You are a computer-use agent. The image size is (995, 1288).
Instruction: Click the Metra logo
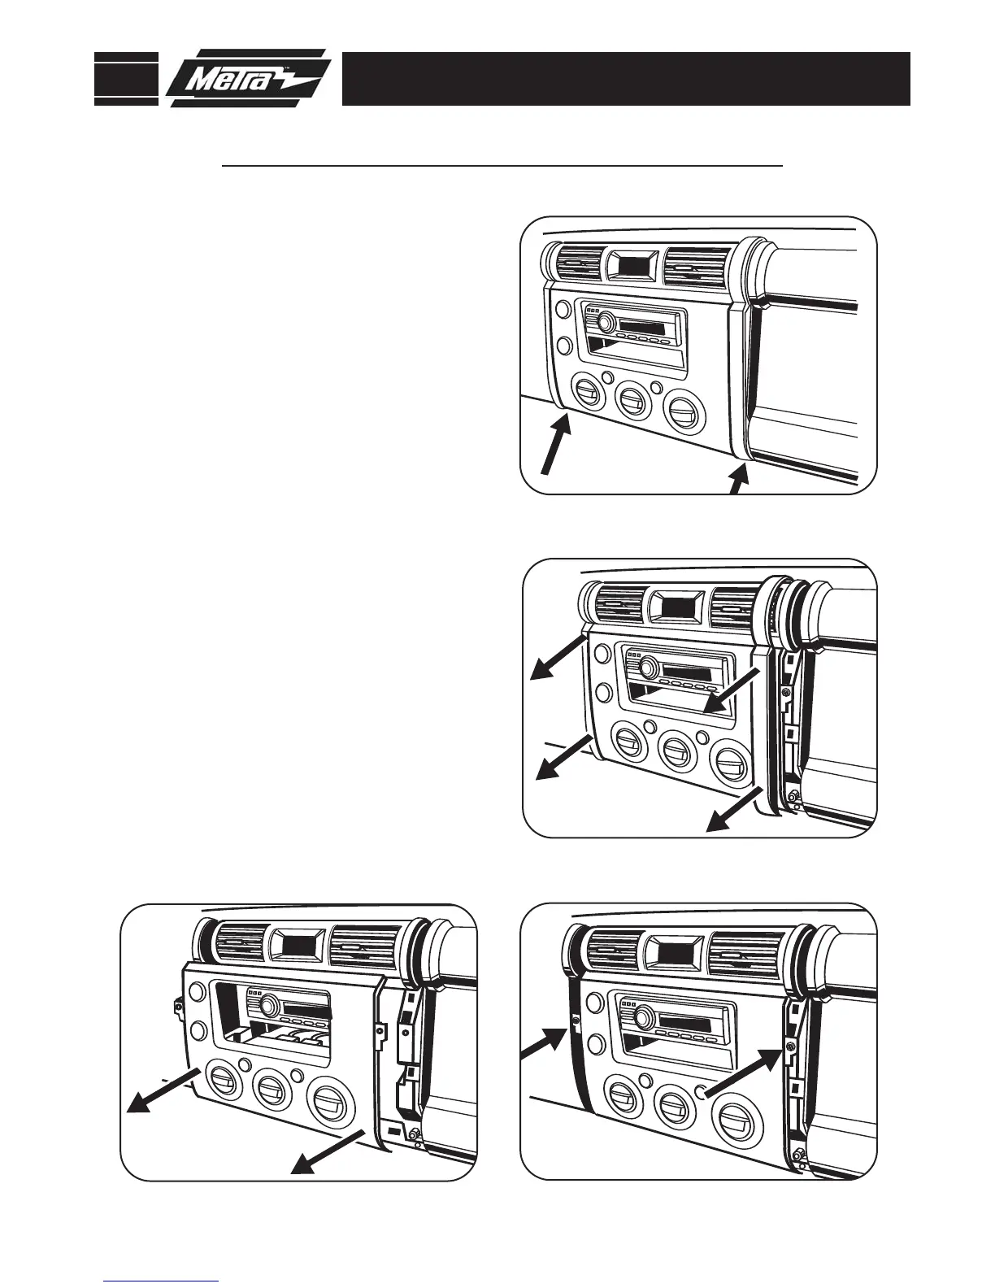[x=248, y=78]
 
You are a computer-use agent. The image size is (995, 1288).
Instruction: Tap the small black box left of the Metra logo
[x=126, y=78]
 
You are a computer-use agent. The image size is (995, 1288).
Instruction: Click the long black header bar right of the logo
[x=625, y=79]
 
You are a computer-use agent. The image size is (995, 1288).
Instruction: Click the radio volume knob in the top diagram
[x=605, y=323]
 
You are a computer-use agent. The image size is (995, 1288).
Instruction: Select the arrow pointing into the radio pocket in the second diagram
[x=732, y=692]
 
